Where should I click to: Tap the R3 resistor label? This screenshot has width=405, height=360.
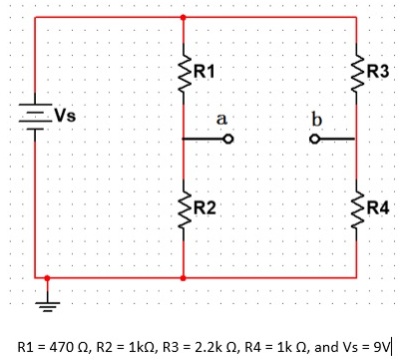tap(378, 71)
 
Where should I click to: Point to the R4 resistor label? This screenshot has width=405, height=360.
tap(378, 207)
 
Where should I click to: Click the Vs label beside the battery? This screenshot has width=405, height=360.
tap(64, 114)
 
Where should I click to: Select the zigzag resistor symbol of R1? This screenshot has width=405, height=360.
tap(184, 71)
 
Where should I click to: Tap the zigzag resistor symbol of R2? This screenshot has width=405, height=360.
tap(184, 207)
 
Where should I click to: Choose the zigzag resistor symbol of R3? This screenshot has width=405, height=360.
tap(357, 71)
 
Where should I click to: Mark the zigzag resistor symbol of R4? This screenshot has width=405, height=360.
tap(357, 207)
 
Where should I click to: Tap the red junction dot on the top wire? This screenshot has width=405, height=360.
tap(184, 17)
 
